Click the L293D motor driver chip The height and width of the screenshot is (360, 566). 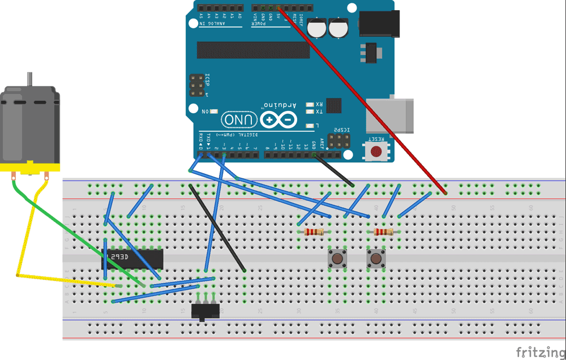point(133,259)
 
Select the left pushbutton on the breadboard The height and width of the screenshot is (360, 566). point(338,259)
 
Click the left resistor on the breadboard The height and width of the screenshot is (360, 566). point(313,232)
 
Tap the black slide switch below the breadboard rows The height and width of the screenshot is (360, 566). point(205,311)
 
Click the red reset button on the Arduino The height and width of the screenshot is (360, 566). point(376,151)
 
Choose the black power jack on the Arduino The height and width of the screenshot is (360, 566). point(379,24)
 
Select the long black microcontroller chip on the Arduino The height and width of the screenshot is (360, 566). point(253,50)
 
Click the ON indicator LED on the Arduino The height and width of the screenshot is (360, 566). point(214,111)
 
